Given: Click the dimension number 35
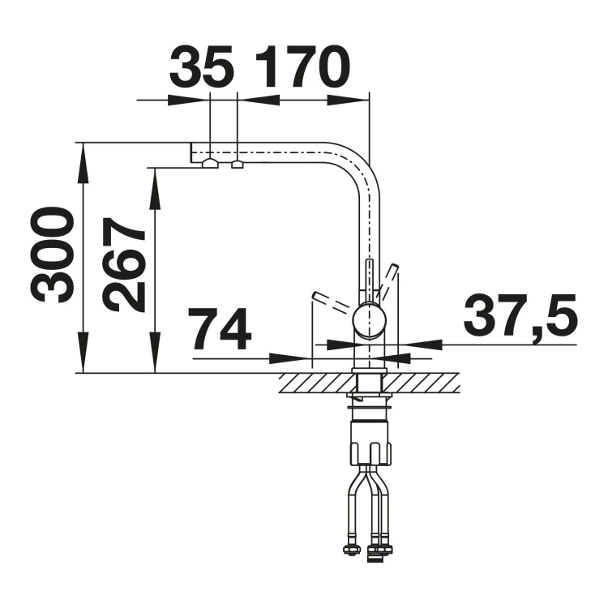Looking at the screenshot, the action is pos(202,66).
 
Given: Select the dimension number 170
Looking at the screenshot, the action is pos(302,66).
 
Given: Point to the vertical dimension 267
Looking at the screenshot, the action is pos(123,264).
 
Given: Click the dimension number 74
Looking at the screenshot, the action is pos(220,329).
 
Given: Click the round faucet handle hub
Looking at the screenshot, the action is pos(369,320).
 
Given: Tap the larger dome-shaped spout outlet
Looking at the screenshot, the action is pos(210,163).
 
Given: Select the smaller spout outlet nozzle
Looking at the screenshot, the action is pos(237,165).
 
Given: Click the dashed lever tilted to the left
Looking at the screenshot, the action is pos(334,303).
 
